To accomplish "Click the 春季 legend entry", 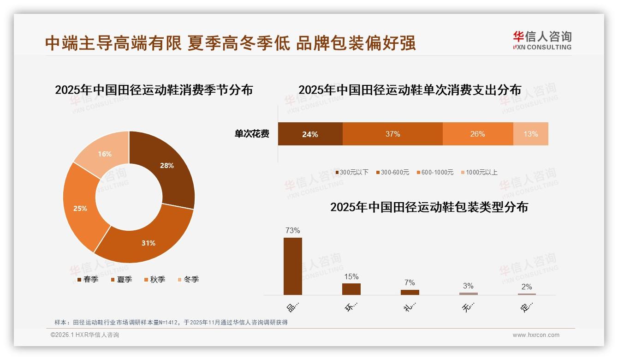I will coord(88,279).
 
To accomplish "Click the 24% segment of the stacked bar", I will coord(310,134).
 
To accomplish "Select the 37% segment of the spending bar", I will coord(392,134).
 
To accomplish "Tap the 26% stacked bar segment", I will coord(477,134).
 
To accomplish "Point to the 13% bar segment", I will coord(530,134).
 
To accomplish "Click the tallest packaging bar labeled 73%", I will coord(293,266).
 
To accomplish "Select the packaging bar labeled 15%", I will coord(351,289).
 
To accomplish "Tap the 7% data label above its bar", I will coord(410,282).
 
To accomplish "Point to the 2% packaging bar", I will coord(527,294).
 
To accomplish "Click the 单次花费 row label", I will coord(252,134).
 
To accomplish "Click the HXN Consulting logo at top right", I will coord(542,41).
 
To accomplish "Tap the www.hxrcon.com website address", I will coord(536,335).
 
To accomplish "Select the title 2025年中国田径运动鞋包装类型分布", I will coord(429,207).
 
